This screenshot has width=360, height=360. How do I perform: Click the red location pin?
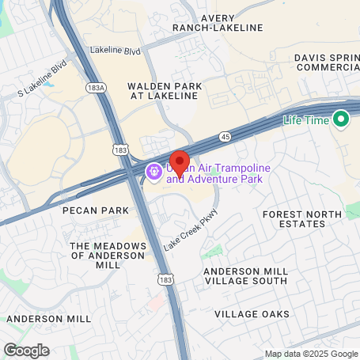click(180, 162)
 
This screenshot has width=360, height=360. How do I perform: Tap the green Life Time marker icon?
click(342, 120)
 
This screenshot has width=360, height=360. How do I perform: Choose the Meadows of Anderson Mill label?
click(108, 256)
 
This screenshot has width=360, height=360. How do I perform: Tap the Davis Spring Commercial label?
click(327, 63)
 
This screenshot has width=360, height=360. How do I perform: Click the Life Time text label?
click(307, 120)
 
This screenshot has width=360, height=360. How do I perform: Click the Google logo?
click(26, 349)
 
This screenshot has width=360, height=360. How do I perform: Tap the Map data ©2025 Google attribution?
click(311, 354)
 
